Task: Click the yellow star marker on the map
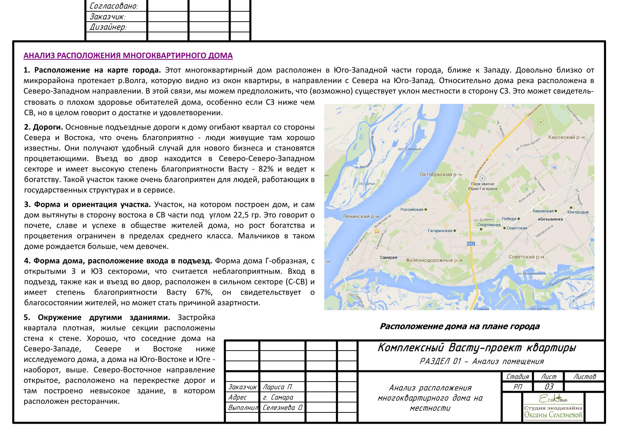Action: pyautogui.click(x=377, y=231)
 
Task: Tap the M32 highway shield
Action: pyautogui.click(x=470, y=244)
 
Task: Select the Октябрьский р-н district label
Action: pyautogui.click(x=440, y=174)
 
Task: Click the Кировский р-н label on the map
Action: pyautogui.click(x=566, y=137)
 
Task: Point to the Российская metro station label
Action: pyautogui.click(x=412, y=209)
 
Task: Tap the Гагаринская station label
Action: pyautogui.click(x=440, y=231)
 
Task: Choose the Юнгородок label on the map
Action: pyautogui.click(x=578, y=212)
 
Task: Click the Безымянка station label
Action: pyautogui.click(x=551, y=219)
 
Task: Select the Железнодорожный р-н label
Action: pyautogui.click(x=434, y=260)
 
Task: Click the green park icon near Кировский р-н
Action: pyautogui.click(x=541, y=122)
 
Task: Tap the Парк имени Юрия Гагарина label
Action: pyautogui.click(x=482, y=186)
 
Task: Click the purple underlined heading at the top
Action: pyautogui.click(x=128, y=56)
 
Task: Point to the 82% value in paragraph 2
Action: pyautogui.click(x=266, y=169)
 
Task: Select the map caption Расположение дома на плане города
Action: pyautogui.click(x=459, y=326)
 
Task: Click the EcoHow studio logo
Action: pyautogui.click(x=553, y=407)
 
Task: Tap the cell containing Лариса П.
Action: pyautogui.click(x=277, y=387)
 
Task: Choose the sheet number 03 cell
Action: pyautogui.click(x=548, y=387)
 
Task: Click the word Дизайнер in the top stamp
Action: pyautogui.click(x=108, y=27)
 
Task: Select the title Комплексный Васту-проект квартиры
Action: pyautogui.click(x=476, y=348)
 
